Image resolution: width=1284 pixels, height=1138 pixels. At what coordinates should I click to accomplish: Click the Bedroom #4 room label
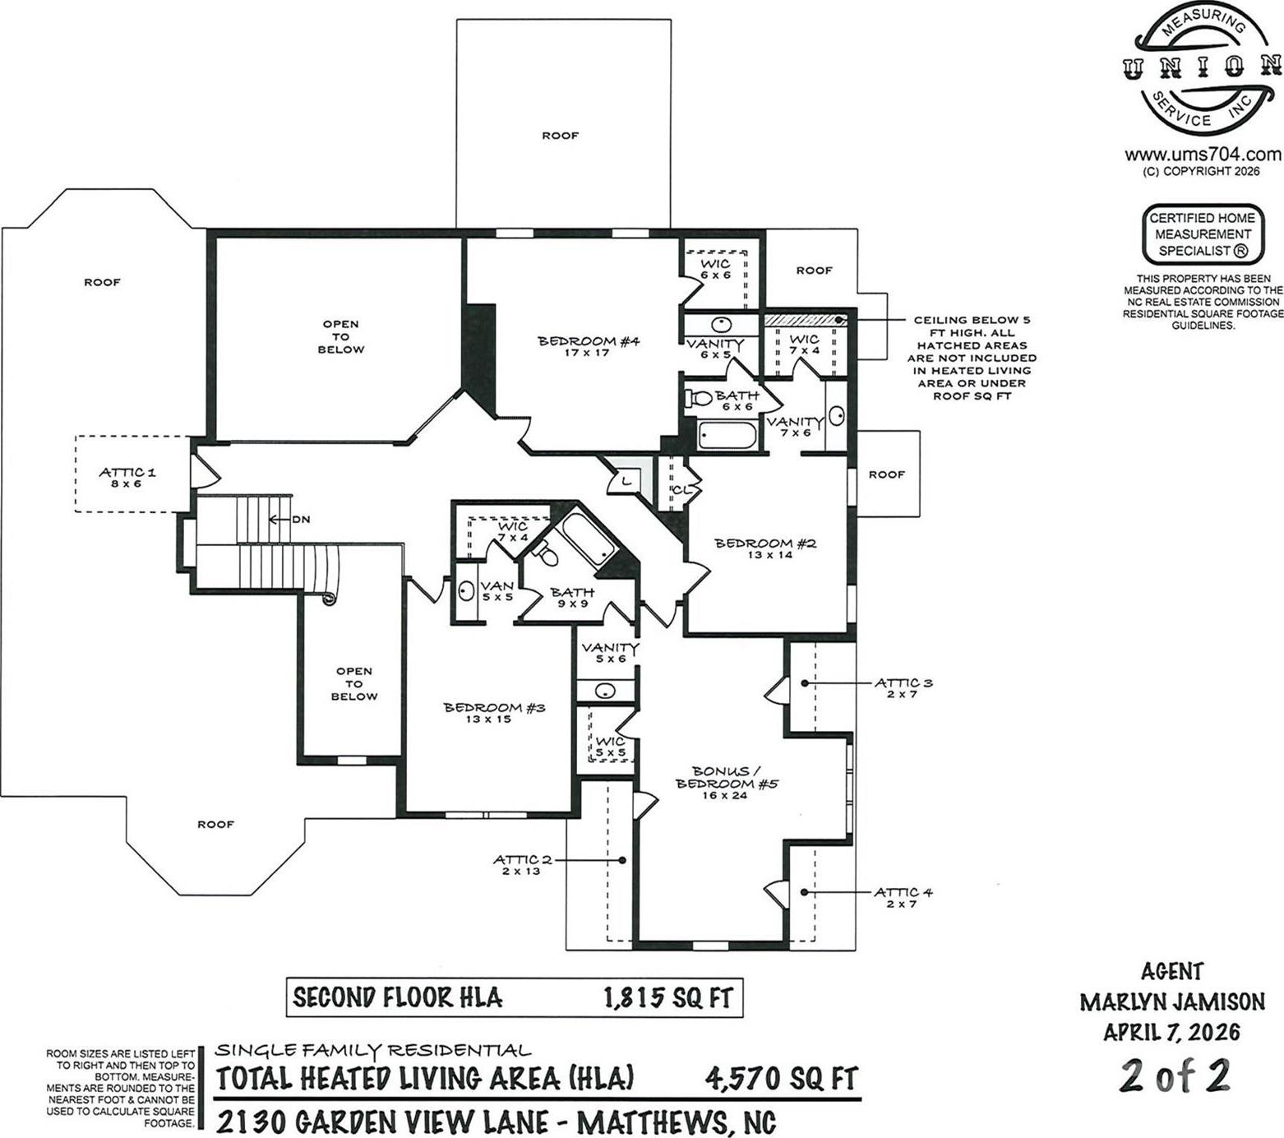[x=589, y=346]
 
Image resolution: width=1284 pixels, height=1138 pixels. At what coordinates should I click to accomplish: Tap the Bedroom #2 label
[x=764, y=548]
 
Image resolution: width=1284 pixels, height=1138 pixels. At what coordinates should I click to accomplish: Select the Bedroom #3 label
[x=494, y=713]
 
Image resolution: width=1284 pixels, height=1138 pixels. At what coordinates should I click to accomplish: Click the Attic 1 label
[x=127, y=478]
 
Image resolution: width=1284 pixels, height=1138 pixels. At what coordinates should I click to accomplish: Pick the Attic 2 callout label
[x=522, y=865]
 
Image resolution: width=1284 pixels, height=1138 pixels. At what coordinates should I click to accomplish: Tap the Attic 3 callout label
[x=903, y=688]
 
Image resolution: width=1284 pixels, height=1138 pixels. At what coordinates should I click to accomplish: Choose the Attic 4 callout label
[x=903, y=898]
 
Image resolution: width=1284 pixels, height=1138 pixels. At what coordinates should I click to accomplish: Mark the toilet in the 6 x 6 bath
[x=699, y=399]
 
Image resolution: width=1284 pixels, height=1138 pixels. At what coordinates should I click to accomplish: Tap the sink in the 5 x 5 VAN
[x=466, y=591]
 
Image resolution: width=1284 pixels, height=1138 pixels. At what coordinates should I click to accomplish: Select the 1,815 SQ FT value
[x=667, y=998]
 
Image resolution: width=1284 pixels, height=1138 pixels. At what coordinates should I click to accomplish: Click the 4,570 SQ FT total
[x=782, y=1078]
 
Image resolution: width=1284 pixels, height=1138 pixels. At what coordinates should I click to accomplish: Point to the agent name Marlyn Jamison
[x=1171, y=1002]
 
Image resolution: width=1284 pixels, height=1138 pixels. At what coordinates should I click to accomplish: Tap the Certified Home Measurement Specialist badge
[x=1202, y=234]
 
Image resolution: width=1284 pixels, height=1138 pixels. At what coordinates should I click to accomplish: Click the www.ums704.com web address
[x=1203, y=155]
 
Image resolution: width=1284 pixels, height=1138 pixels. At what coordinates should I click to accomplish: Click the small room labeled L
[x=626, y=479]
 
